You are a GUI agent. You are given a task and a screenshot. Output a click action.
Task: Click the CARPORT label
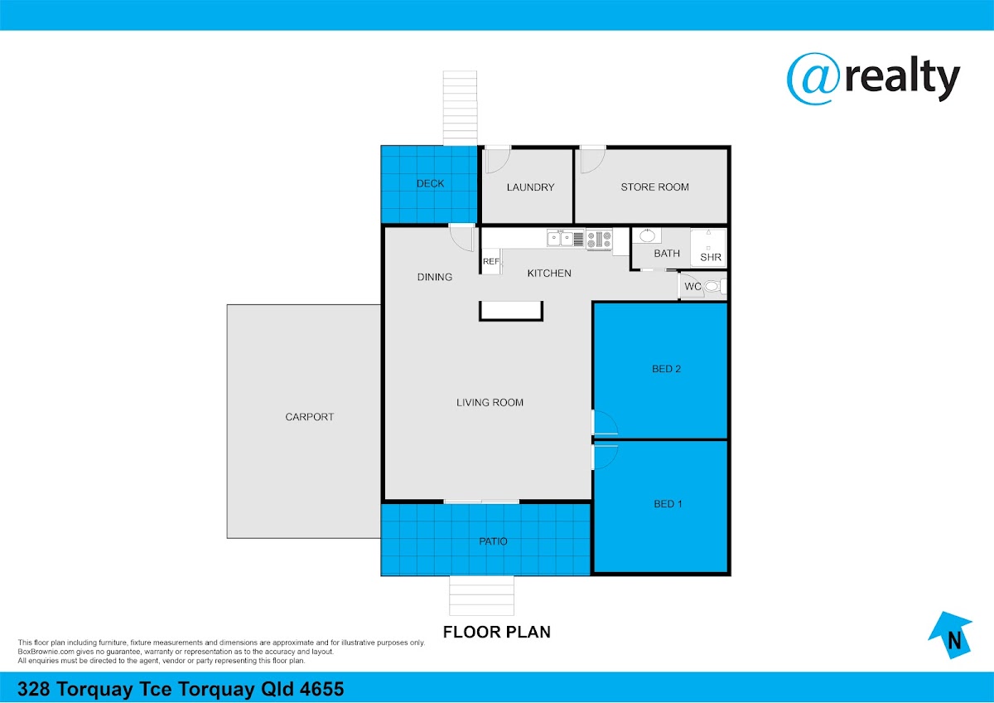(x=309, y=416)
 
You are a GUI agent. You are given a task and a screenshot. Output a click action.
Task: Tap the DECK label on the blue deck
(x=430, y=183)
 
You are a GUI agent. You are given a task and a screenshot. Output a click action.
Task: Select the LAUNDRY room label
(x=530, y=187)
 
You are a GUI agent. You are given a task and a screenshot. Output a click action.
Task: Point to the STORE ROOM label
(x=654, y=187)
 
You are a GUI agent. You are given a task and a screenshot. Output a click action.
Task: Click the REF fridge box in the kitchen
(x=491, y=262)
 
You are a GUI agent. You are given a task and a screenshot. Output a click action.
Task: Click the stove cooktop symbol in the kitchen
(x=599, y=240)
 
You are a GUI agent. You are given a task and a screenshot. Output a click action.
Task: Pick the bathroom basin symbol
(x=647, y=235)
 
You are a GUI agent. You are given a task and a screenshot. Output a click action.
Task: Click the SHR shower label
(x=711, y=257)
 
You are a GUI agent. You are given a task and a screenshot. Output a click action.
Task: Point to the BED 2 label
(x=666, y=369)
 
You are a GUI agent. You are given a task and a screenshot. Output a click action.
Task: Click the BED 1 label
(x=668, y=503)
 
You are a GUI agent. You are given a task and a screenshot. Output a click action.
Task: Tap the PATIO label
(x=493, y=541)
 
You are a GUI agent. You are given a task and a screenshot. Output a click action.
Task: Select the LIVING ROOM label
(x=490, y=402)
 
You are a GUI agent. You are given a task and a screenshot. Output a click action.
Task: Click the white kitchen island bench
(x=511, y=311)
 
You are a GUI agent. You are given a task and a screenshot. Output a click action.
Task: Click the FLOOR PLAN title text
(x=496, y=632)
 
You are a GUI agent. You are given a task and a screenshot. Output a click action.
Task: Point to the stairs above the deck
(x=461, y=108)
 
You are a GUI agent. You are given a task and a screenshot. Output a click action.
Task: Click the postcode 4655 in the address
(x=321, y=689)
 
